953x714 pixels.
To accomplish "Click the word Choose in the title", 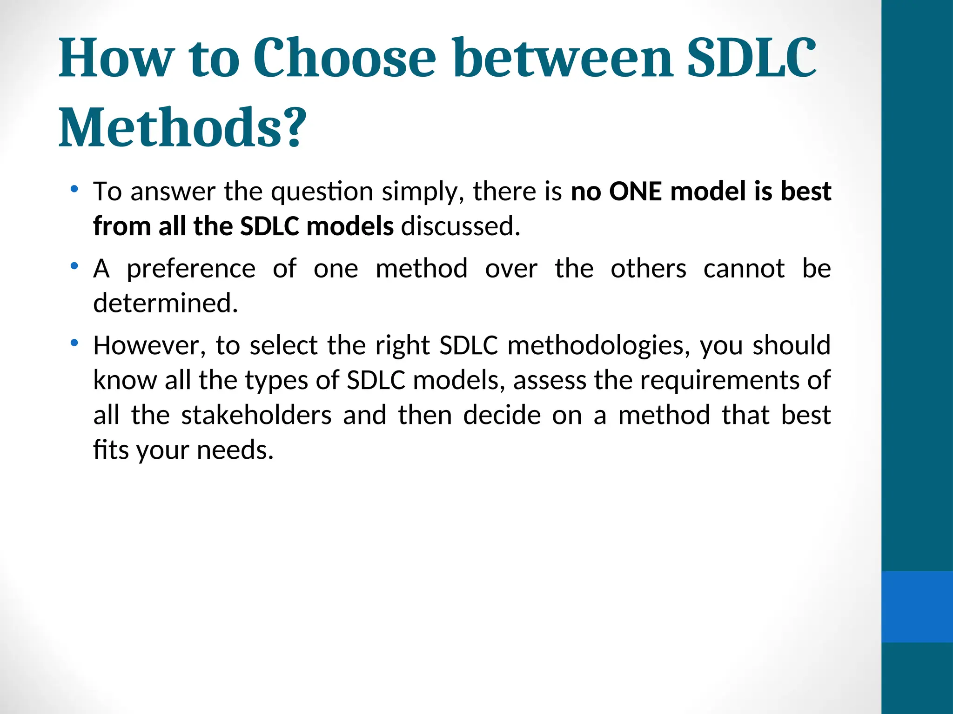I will (344, 58).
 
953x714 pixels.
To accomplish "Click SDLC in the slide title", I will (751, 58).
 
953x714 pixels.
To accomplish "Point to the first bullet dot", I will (74, 189).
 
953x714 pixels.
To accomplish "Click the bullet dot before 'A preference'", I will (74, 266).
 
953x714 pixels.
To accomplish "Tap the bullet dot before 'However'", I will (74, 343).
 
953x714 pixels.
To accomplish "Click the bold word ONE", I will (635, 192).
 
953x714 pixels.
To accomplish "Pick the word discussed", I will (461, 226).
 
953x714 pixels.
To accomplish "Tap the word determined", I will (166, 303).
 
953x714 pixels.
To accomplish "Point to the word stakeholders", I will (256, 415).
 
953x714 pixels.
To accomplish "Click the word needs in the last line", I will (235, 450).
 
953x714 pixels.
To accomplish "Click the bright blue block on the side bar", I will (917, 607).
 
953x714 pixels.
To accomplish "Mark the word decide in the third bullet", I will (502, 415).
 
